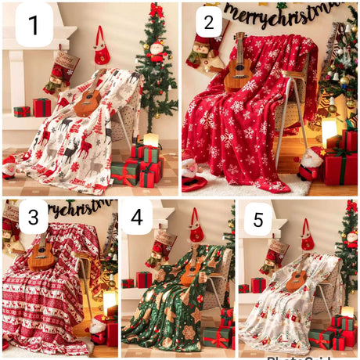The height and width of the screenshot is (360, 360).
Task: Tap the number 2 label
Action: coord(208,23)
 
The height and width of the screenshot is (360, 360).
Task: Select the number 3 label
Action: coord(34,219)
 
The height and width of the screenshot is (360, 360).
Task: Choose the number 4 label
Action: coord(136,218)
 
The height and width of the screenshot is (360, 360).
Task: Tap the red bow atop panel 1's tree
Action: coord(156,10)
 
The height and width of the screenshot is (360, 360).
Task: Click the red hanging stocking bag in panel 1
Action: coord(102,49)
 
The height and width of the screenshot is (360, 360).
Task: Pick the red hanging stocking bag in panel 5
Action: coord(308,236)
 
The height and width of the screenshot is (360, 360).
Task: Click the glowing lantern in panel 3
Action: coord(110,302)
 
